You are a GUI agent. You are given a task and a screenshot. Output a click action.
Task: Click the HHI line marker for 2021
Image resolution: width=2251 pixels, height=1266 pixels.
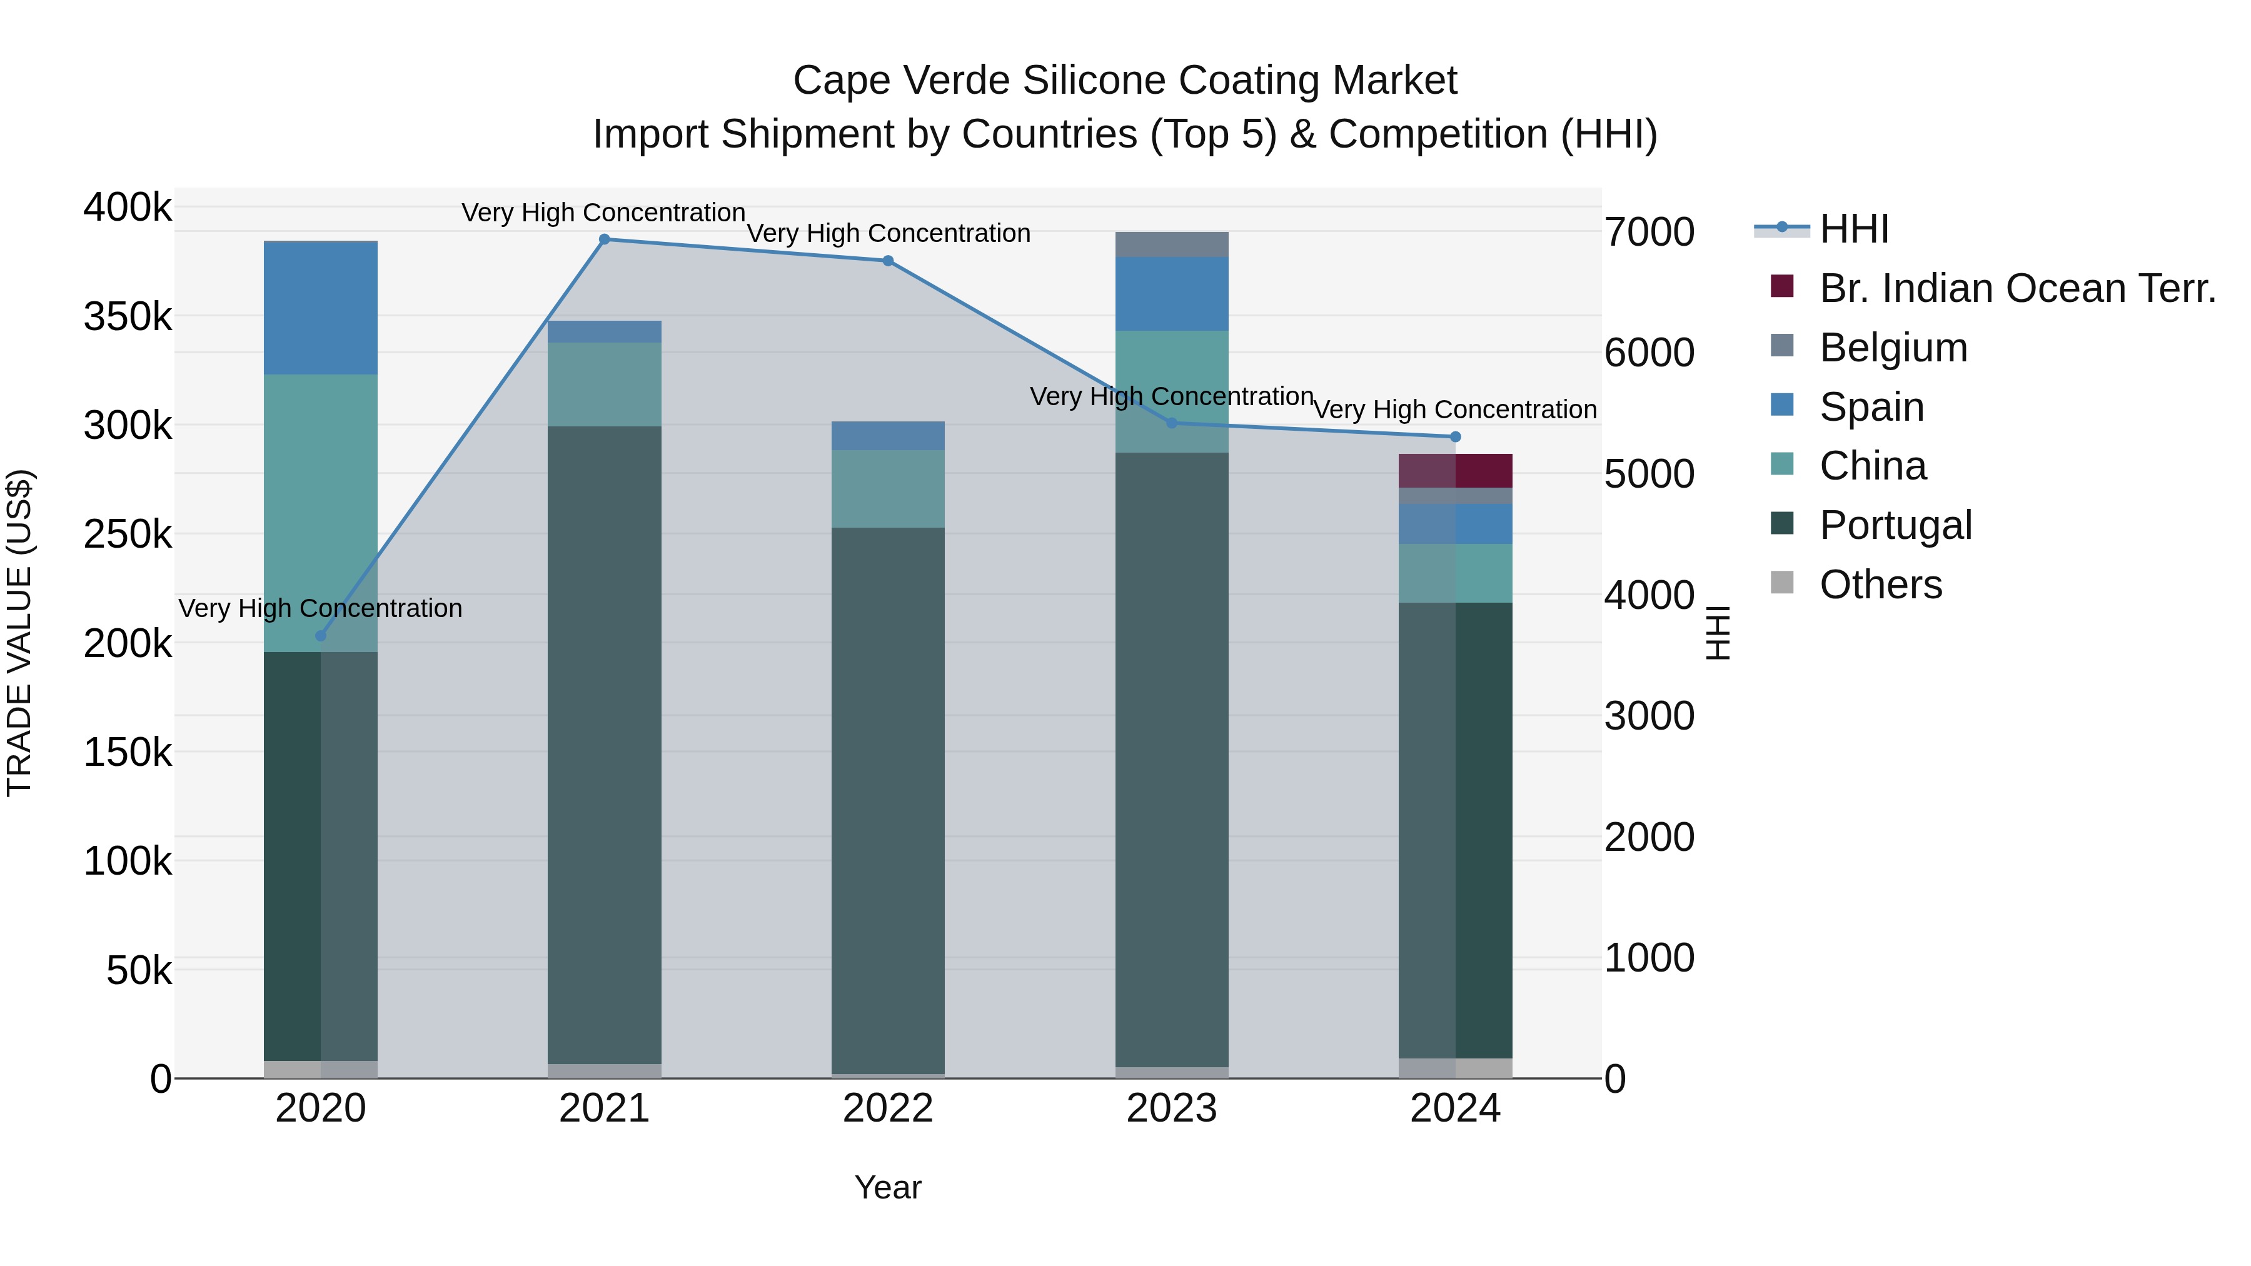[604, 239]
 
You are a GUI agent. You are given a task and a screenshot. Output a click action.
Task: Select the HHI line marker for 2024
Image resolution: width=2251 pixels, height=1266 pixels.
[1455, 437]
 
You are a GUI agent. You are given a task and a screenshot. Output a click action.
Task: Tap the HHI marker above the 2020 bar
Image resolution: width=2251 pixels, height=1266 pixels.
[321, 636]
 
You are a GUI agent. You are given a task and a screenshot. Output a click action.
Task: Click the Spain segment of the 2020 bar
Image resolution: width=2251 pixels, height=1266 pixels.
[321, 308]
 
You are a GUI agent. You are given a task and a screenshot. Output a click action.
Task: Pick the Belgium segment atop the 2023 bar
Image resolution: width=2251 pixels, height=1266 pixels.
[1171, 244]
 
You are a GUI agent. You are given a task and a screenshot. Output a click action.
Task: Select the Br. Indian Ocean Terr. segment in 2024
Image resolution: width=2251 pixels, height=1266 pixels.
[1455, 471]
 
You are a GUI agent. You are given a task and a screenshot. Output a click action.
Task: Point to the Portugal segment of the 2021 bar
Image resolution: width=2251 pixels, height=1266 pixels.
[604, 743]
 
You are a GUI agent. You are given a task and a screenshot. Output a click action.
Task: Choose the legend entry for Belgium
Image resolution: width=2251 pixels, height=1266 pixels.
[1893, 348]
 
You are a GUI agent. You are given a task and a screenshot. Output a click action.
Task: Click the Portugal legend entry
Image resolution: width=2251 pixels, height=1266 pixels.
[1895, 525]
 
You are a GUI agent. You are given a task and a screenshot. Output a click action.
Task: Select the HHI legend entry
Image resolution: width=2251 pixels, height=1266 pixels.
[1853, 229]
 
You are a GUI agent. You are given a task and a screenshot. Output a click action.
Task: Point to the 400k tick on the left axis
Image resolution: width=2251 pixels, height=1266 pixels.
[128, 208]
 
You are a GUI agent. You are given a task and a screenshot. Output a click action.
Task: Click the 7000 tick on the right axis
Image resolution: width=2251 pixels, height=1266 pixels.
[1649, 233]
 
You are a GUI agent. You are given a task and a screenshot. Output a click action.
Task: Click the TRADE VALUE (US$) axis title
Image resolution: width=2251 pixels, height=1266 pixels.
[19, 633]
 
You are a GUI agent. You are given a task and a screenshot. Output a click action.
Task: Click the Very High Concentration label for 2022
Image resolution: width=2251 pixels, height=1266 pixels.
[888, 233]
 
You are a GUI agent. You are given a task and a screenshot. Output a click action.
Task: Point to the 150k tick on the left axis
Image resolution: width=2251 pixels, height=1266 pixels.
[128, 752]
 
